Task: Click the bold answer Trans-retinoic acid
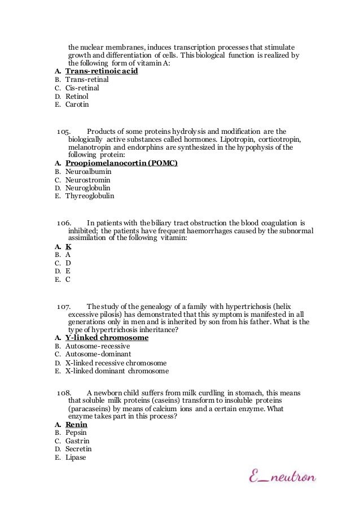(102, 72)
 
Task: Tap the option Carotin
(77, 104)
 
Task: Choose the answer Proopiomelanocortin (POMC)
(121, 163)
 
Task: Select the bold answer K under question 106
(68, 247)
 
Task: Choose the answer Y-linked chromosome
(107, 338)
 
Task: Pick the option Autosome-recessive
(98, 346)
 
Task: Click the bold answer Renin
(76, 424)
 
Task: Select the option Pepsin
(76, 433)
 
